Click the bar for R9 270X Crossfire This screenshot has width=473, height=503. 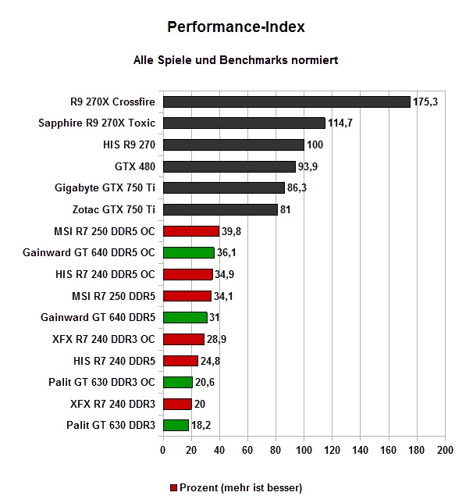pyautogui.click(x=286, y=102)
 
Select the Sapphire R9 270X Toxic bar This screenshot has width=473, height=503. pyautogui.click(x=244, y=123)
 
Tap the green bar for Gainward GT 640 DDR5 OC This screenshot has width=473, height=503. pyautogui.click(x=189, y=253)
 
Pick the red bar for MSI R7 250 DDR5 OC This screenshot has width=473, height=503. pyautogui.click(x=191, y=231)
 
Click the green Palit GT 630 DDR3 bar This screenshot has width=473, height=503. pyautogui.click(x=176, y=426)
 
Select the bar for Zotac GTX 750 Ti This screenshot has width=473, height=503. pyautogui.click(x=220, y=210)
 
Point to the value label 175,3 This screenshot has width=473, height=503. pyautogui.click(x=425, y=102)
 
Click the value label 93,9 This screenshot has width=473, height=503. pyautogui.click(x=308, y=167)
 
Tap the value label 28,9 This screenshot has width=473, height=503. pyautogui.click(x=216, y=340)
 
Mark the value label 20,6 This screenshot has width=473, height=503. pyautogui.click(x=204, y=383)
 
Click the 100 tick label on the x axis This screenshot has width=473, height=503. pyautogui.click(x=304, y=451)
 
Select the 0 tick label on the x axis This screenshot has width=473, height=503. pyautogui.click(x=163, y=451)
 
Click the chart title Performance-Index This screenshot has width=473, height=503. pyautogui.click(x=236, y=27)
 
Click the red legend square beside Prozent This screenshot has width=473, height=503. pyautogui.click(x=173, y=488)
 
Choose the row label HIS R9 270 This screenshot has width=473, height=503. pyautogui.click(x=129, y=144)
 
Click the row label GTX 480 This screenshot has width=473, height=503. pyautogui.click(x=135, y=166)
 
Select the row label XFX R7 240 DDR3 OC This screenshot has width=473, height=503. pyautogui.click(x=104, y=339)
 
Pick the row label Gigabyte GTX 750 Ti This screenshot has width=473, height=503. pyautogui.click(x=105, y=188)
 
